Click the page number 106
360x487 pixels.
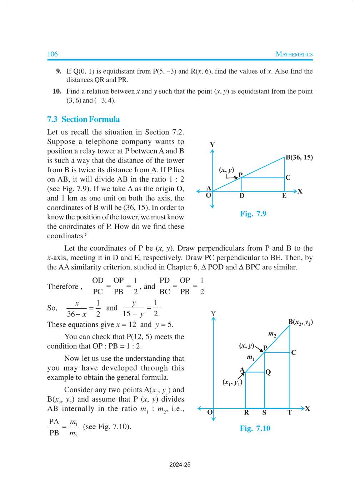(52, 54)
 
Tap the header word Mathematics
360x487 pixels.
(294, 54)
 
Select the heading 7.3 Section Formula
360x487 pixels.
(83, 119)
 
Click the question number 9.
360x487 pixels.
(59, 71)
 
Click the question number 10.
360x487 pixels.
(57, 91)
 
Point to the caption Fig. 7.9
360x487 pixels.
(253, 214)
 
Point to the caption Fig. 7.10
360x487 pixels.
(255, 428)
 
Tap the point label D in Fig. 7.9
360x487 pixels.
(242, 196)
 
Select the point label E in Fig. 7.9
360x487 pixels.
(284, 196)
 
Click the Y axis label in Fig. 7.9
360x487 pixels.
(212, 145)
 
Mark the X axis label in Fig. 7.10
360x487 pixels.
(307, 408)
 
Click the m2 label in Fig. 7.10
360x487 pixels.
(272, 334)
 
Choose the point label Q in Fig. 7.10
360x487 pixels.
(268, 372)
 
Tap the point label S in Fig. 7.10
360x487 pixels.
(264, 413)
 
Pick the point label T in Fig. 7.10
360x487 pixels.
(290, 413)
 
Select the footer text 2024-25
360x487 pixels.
(180, 464)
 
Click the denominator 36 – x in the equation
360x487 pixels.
(77, 314)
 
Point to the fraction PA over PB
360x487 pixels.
(54, 427)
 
